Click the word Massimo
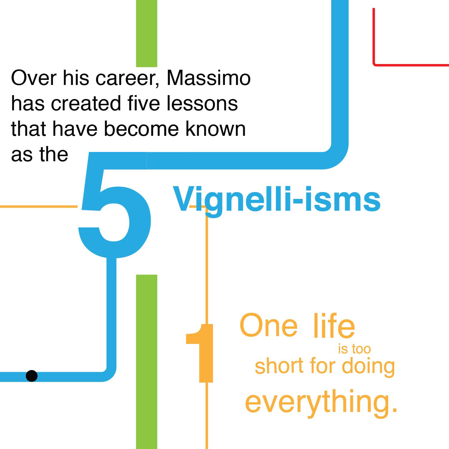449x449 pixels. tap(208, 78)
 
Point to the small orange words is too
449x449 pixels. tap(354, 349)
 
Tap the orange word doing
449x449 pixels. tap(368, 366)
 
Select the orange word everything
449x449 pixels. tap(321, 401)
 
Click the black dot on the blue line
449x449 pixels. tap(32, 376)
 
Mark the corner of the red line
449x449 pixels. tap(375, 64)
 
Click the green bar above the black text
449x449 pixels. tap(147, 33)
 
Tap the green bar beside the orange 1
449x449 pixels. tap(147, 359)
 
